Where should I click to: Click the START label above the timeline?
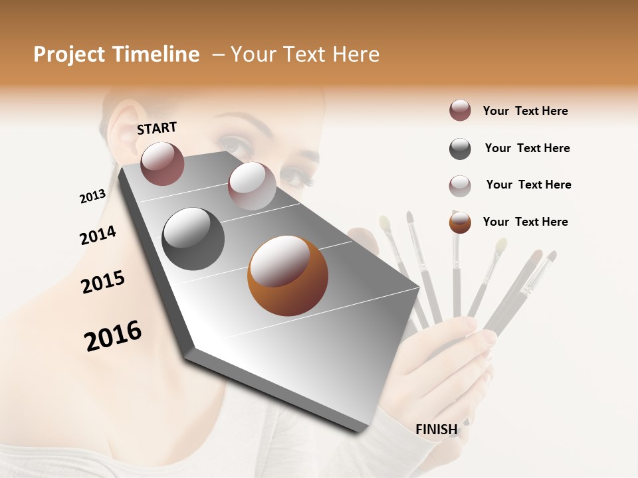(157, 128)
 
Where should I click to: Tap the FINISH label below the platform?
(437, 430)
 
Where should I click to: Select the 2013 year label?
(93, 197)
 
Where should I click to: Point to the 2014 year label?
(98, 235)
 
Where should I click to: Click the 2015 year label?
(103, 282)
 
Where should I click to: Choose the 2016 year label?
(113, 335)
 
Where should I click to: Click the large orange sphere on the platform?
(288, 276)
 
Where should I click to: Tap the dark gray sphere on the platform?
(193, 239)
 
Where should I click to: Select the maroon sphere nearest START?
(162, 163)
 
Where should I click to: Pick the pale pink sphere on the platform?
(252, 186)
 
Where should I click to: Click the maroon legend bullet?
(460, 111)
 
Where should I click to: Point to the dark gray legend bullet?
(460, 149)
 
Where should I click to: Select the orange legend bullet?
(460, 222)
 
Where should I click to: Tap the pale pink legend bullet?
(460, 186)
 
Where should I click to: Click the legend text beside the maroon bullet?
(525, 111)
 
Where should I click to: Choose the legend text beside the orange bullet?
(525, 222)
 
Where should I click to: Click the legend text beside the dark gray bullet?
(527, 148)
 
